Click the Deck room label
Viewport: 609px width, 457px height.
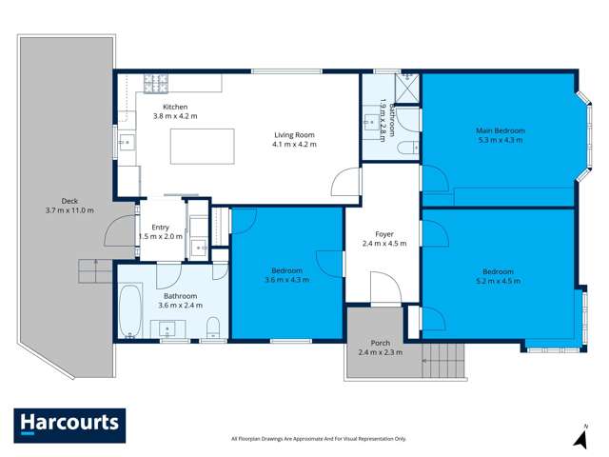69,200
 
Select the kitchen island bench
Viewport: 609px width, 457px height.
202,148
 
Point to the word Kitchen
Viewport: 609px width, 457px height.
175,107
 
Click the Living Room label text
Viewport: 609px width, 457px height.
293,134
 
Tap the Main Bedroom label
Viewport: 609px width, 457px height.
501,130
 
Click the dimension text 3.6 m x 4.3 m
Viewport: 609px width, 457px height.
287,279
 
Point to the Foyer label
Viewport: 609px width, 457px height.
383,233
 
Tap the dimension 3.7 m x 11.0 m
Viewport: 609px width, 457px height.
69,209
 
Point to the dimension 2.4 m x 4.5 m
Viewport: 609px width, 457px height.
383,243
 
